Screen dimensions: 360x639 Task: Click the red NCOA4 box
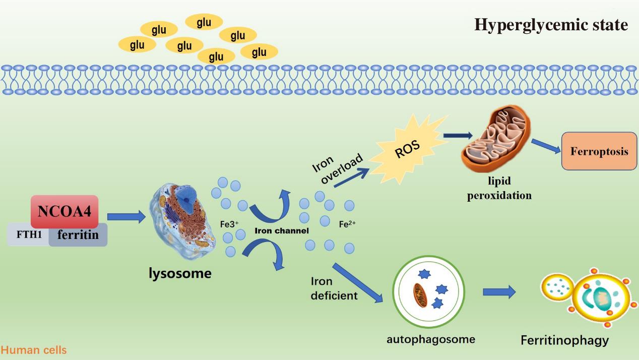click(65, 211)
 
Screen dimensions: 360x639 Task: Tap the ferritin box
click(78, 235)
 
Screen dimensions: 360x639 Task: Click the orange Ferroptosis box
click(599, 151)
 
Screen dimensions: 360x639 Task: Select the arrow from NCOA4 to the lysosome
click(125, 217)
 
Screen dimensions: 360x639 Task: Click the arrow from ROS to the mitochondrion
click(458, 135)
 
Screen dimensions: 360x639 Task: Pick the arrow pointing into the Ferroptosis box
click(546, 146)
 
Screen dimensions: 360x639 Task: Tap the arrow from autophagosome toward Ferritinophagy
click(499, 291)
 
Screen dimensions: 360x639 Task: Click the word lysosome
click(180, 274)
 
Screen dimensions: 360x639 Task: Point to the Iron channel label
click(281, 231)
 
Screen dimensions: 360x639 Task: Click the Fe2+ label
click(348, 224)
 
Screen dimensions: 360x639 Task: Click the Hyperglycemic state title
click(551, 24)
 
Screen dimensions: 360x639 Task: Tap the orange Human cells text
click(34, 350)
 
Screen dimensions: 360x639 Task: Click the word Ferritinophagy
click(564, 340)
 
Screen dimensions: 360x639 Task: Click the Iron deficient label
click(334, 288)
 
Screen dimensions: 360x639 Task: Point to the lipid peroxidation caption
click(499, 188)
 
